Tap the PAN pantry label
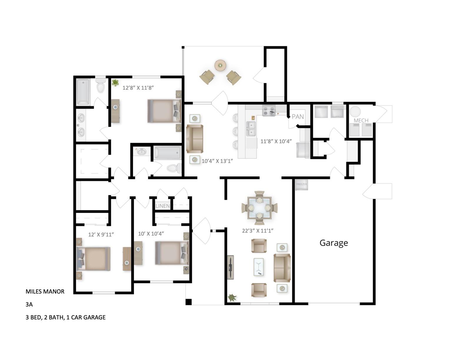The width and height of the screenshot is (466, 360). click(298, 117)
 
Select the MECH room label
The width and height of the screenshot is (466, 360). click(361, 121)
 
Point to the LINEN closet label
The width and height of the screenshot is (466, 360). click(163, 206)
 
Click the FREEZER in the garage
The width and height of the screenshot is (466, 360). click(302, 185)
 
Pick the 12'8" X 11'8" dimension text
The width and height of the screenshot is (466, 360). click(138, 88)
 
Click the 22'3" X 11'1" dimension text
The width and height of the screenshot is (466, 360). click(257, 231)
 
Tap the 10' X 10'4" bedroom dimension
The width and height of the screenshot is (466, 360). click(151, 234)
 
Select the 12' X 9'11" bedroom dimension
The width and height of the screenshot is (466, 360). click(101, 235)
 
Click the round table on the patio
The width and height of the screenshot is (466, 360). click(220, 65)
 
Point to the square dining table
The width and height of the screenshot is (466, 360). click(259, 208)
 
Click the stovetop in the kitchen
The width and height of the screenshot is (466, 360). click(269, 111)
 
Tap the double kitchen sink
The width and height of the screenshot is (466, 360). click(251, 129)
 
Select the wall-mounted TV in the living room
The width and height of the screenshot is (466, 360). click(230, 267)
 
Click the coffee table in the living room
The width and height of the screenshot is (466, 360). click(259, 267)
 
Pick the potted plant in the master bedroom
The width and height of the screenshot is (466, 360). click(115, 82)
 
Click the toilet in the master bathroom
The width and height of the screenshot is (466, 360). click(101, 85)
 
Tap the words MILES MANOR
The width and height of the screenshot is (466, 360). click(45, 291)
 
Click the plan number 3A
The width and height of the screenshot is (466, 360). click(29, 304)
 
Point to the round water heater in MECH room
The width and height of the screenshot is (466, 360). click(355, 111)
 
